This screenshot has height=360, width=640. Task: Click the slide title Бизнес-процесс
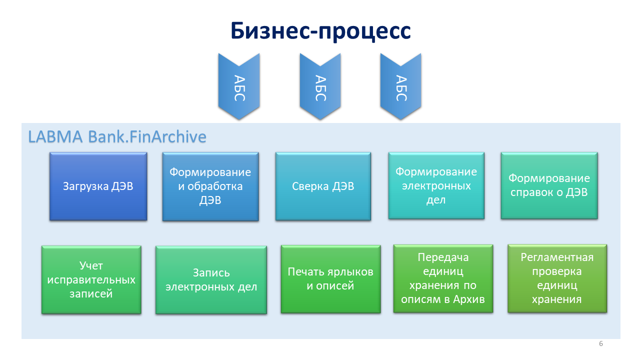[x=320, y=31]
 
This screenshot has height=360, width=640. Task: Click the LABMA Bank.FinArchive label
[x=117, y=136]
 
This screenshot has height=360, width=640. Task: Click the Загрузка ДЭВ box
[x=98, y=186]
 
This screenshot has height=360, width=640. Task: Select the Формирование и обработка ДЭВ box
[x=210, y=186]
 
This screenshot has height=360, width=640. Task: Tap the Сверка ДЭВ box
[x=323, y=186]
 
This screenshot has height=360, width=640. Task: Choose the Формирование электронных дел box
[x=436, y=185]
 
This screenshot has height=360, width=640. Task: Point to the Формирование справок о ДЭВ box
[x=549, y=185]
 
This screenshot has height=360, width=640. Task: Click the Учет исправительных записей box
[x=91, y=279]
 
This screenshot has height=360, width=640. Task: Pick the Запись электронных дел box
[x=211, y=280]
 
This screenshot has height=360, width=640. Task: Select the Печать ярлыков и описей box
[x=330, y=279]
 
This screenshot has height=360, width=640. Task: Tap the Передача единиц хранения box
[x=443, y=278]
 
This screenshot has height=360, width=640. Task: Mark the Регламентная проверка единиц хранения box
[x=557, y=278]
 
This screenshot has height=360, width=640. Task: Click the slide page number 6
[x=601, y=343]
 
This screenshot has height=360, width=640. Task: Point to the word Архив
[x=469, y=299]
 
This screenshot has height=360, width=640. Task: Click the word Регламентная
[x=557, y=257]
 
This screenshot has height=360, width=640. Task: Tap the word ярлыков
[x=350, y=272]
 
